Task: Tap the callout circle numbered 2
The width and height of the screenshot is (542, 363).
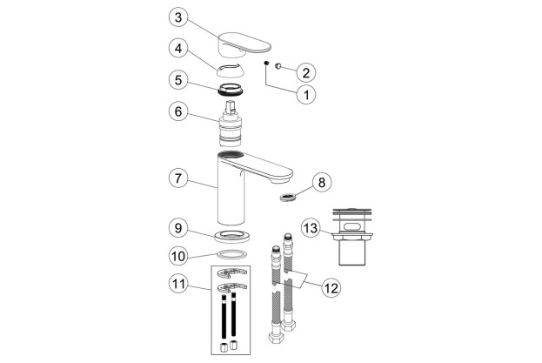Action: [x=305, y=71]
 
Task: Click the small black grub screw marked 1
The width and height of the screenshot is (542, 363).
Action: [x=264, y=63]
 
